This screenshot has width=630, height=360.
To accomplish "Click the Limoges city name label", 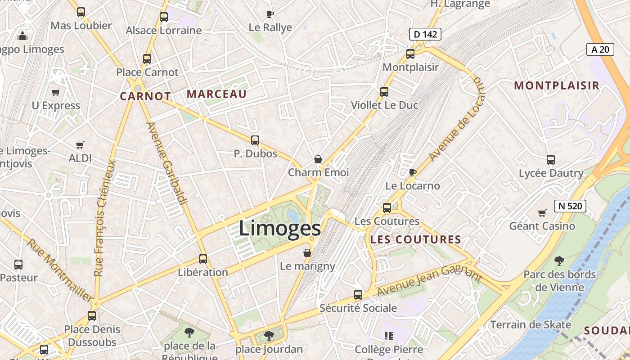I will [x=279, y=228].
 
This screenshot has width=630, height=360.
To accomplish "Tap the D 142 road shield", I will [x=425, y=34].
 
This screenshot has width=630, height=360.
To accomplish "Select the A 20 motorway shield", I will [x=600, y=49].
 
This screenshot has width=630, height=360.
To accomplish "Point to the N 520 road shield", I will [x=570, y=206].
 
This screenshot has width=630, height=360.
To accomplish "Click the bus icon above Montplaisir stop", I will [x=410, y=54].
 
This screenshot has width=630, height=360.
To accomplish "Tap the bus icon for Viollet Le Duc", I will [x=384, y=92].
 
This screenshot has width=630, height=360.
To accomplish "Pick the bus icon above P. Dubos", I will [x=255, y=140].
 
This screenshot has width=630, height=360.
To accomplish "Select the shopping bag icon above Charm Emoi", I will [x=318, y=159].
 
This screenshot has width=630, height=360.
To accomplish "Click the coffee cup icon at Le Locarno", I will [x=412, y=172].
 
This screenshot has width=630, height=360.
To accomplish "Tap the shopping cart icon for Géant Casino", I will [x=542, y=212].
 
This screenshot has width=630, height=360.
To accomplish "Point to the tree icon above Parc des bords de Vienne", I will [x=559, y=261].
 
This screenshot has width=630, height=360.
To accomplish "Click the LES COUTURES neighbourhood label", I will [x=415, y=239].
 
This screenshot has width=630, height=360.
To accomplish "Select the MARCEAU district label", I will [x=216, y=94].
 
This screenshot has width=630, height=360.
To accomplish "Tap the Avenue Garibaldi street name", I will [x=166, y=163].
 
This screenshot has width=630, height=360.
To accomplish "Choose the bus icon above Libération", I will [x=203, y=259].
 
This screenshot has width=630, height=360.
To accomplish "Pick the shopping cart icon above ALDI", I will [x=80, y=145].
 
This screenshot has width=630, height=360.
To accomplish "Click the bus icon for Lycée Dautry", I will [x=551, y=159].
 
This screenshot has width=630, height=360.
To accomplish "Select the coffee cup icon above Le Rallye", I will [x=270, y=14].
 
